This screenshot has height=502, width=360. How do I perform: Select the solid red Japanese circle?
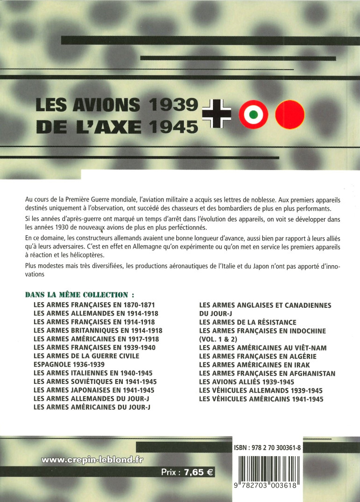click(290, 114)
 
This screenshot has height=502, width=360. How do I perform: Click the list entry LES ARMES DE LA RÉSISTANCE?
click(247, 322)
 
